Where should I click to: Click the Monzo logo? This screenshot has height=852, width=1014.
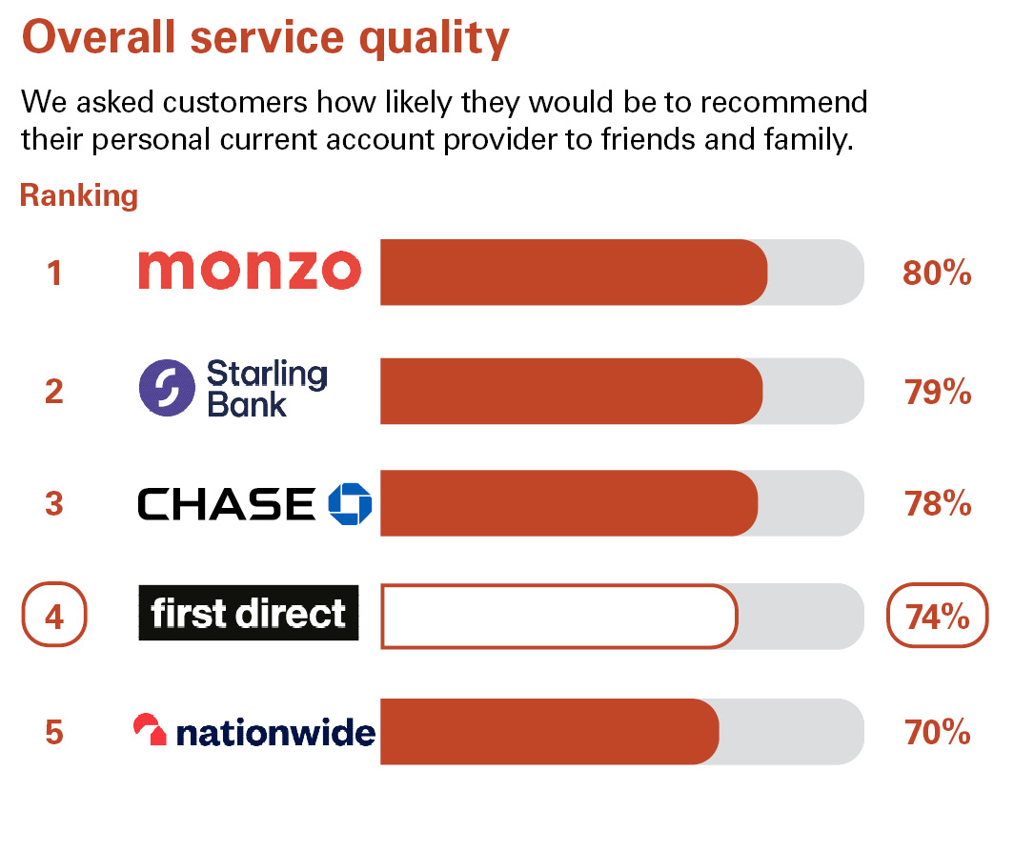pyautogui.click(x=250, y=270)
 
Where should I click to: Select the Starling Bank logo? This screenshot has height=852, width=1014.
pyautogui.click(x=233, y=389)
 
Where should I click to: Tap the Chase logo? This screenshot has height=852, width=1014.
pyautogui.click(x=254, y=503)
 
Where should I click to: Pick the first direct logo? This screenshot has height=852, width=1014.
pyautogui.click(x=249, y=613)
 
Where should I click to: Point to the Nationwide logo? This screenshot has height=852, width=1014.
pyautogui.click(x=254, y=732)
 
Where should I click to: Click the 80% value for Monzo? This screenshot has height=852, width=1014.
pyautogui.click(x=936, y=274)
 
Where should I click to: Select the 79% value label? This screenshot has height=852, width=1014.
pyautogui.click(x=938, y=392)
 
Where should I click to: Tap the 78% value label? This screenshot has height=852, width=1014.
pyautogui.click(x=938, y=503)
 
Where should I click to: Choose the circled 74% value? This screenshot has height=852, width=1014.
pyautogui.click(x=938, y=618)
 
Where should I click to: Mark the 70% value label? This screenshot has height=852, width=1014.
pyautogui.click(x=938, y=733)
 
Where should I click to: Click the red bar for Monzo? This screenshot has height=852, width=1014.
pyautogui.click(x=573, y=273)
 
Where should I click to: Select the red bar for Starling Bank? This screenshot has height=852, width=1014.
pyautogui.click(x=571, y=391)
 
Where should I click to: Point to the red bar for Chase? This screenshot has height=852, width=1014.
pyautogui.click(x=568, y=503)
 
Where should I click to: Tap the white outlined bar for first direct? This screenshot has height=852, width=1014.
pyautogui.click(x=558, y=617)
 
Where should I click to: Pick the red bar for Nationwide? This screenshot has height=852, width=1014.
pyautogui.click(x=549, y=731)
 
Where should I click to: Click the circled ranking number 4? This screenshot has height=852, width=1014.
pyautogui.click(x=54, y=618)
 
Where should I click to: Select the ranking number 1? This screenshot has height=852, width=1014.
pyautogui.click(x=54, y=274)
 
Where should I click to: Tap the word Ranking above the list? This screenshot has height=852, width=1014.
pyautogui.click(x=79, y=196)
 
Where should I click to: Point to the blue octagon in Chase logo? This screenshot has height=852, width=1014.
pyautogui.click(x=349, y=503)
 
